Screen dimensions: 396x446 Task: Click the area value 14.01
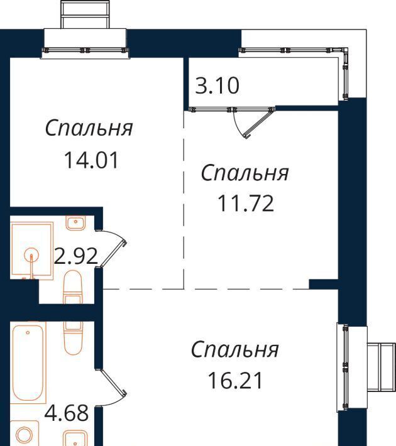91,160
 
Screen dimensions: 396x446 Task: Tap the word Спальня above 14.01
89,128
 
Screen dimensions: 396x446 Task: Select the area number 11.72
245,204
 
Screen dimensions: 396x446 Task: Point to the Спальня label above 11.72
245,173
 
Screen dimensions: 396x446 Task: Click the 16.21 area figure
235,381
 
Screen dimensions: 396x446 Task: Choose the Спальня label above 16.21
235,349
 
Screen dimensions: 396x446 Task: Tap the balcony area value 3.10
217,85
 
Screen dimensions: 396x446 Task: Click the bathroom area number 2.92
76,256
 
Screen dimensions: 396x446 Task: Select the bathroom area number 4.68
67,413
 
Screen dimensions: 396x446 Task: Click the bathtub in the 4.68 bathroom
28,363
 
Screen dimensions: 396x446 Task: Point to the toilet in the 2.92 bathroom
72,286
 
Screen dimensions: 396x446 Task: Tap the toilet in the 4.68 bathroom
73,339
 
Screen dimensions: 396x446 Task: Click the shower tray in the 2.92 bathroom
31,251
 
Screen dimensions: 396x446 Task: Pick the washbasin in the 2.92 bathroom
75,223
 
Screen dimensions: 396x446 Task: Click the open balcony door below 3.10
258,123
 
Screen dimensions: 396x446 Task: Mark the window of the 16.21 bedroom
346,367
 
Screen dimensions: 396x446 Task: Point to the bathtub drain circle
28,332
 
